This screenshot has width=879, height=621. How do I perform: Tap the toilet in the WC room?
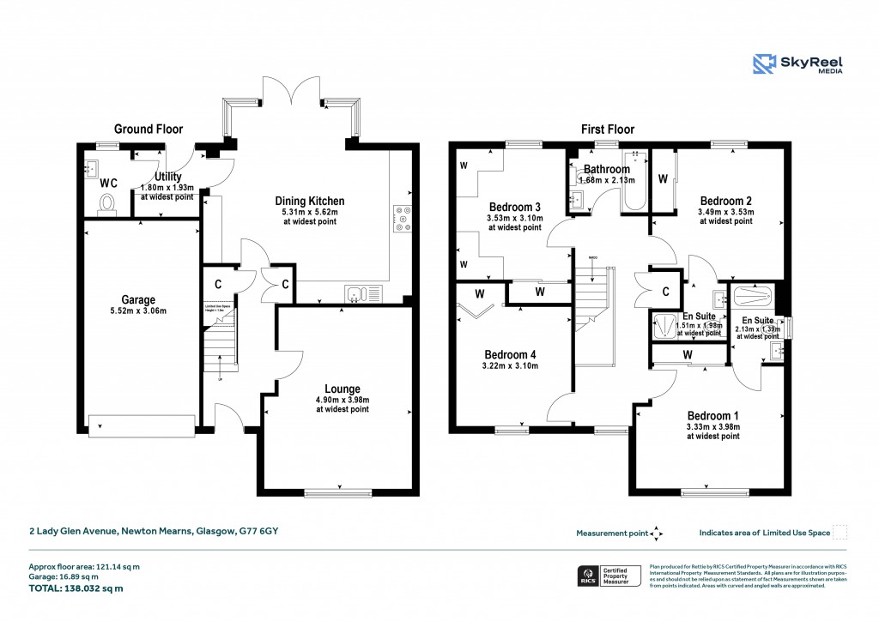[107, 203]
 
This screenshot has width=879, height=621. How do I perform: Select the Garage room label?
[138, 299]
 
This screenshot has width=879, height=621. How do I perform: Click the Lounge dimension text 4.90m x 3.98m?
[343, 400]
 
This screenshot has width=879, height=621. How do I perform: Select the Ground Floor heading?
[149, 130]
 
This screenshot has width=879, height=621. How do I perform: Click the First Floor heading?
[607, 130]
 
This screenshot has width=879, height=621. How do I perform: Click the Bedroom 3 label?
[514, 207]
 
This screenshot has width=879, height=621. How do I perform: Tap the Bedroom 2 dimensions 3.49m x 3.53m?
[725, 211]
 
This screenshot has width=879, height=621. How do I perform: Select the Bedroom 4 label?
[510, 355]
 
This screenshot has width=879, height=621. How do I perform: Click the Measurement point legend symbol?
[657, 533]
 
